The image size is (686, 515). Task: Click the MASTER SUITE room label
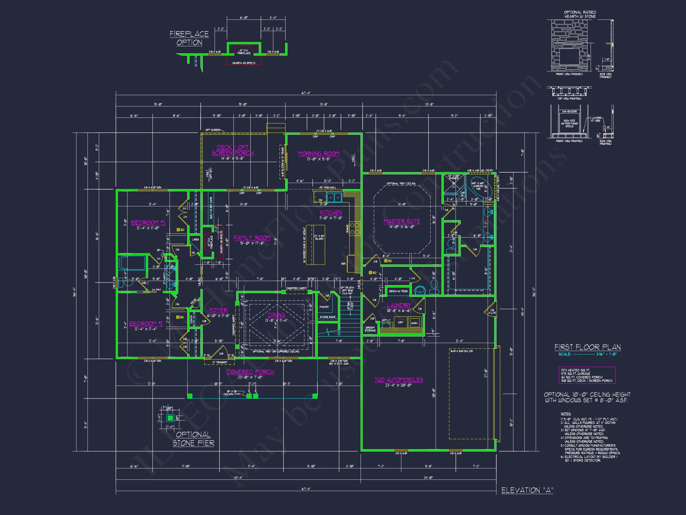(402, 221)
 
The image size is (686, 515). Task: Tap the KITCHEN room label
(331, 212)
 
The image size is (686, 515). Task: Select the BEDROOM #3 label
(148, 223)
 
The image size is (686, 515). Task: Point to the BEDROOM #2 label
(146, 324)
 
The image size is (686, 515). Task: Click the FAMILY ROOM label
(252, 238)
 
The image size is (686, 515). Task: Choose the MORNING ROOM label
(319, 154)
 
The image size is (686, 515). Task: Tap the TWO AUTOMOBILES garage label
(398, 380)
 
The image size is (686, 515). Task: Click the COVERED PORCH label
(250, 372)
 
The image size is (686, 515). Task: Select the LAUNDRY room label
(398, 305)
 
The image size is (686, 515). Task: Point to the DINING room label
(276, 315)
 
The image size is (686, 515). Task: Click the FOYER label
(218, 311)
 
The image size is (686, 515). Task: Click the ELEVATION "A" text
(527, 491)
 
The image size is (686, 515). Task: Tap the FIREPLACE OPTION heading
(189, 38)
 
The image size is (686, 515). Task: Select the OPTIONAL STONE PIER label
(194, 439)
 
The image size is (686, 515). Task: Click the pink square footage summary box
(587, 375)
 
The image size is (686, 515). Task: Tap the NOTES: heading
(566, 414)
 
